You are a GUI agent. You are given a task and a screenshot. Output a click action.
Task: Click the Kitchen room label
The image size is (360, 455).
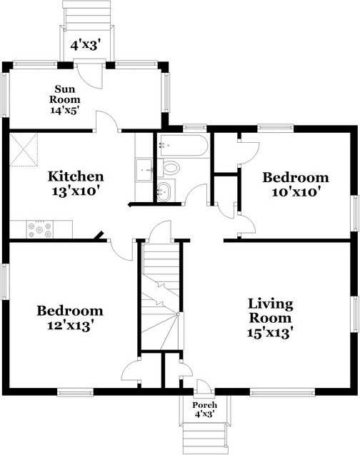(76, 176)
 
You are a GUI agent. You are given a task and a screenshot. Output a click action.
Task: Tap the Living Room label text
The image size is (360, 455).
(271, 310)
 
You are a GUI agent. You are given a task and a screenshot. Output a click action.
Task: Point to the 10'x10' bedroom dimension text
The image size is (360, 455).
(295, 191)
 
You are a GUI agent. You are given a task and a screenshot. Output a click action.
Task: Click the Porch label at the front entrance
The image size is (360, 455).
(204, 405)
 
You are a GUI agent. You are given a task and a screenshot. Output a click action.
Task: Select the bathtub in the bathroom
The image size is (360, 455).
(183, 146)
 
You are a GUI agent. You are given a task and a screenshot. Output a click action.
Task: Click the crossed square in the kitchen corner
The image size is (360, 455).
(23, 149)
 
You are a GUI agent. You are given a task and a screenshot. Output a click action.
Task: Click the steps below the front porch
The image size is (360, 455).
(204, 435)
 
